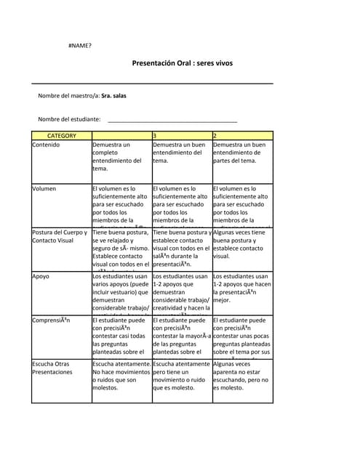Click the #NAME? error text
80,46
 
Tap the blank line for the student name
172,120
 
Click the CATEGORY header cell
61,136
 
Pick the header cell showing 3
182,136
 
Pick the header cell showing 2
242,136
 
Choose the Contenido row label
47,145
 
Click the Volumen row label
44,189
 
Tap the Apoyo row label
41,277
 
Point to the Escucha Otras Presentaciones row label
52,368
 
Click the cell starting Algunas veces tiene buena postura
242,245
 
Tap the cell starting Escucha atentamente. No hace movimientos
121,376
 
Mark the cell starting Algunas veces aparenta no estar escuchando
242,376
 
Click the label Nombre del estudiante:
70,119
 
